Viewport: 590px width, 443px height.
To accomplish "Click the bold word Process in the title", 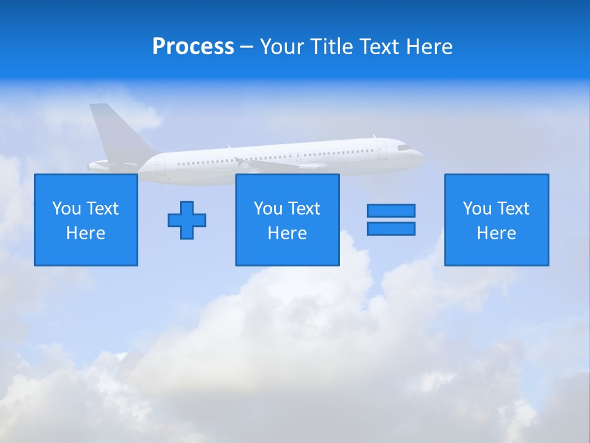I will pos(193,47).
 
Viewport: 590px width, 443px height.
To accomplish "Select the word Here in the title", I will pos(429,47).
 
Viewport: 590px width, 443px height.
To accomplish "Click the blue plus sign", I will pos(187,220).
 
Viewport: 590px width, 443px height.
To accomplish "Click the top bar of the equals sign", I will pos(391,210).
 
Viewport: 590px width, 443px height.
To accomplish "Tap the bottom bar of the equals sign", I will pos(391,228).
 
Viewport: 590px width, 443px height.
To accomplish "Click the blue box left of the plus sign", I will pos(86,220).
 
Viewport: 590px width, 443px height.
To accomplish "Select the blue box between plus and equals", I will pos(287,220).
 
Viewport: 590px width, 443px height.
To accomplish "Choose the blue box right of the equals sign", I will pos(497,220).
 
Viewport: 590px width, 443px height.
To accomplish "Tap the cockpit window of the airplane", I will pos(403,148).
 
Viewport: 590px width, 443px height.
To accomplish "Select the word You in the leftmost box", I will pos(66,209).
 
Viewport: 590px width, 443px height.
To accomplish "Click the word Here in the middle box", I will pos(287,233).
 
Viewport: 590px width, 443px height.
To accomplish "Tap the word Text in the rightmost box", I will pos(513,209).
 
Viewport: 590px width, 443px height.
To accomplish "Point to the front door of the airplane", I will pos(382,151).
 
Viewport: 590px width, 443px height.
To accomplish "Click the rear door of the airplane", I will pos(160,165).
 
